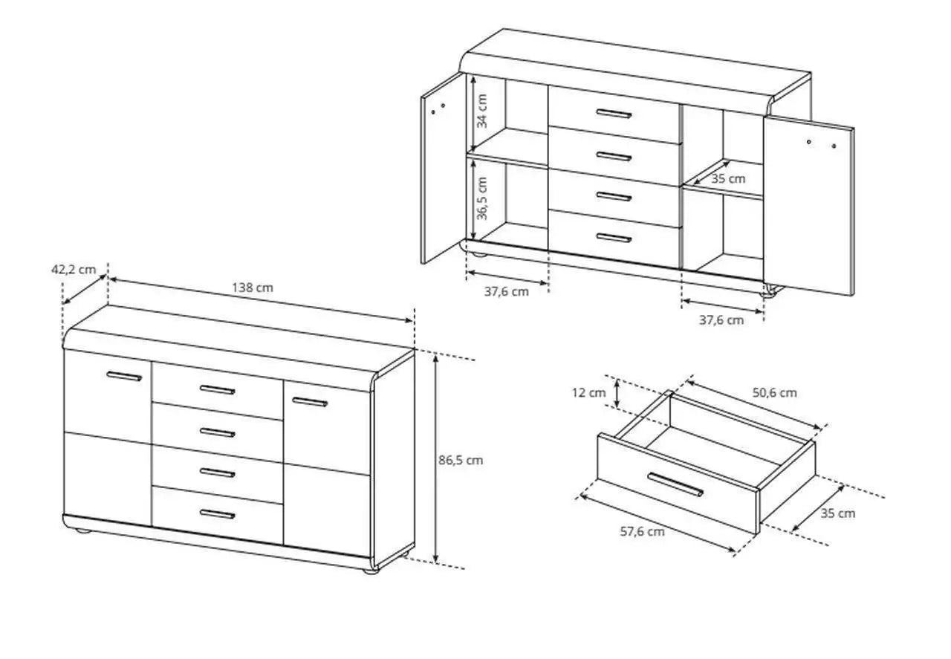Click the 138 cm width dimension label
253,288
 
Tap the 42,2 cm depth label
74,270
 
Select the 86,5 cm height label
461,461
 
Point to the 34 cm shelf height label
482,111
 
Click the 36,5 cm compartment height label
482,198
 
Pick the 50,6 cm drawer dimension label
775,393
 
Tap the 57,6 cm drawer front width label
643,532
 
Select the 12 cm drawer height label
588,393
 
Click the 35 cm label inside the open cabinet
728,179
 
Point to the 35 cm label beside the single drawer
837,513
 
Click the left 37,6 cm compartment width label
507,292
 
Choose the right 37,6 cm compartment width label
721,320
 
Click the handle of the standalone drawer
675,484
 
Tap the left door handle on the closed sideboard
124,376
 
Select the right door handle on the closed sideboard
310,402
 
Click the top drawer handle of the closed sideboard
218,389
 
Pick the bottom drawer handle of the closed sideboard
218,514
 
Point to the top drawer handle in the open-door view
614,114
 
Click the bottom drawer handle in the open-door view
614,237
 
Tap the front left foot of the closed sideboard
82,530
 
